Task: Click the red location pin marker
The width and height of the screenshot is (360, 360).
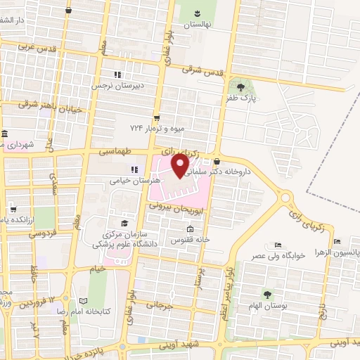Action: point(180,165)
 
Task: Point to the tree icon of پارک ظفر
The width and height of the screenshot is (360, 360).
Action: point(241,87)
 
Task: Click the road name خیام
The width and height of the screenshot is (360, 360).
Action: point(97,268)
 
